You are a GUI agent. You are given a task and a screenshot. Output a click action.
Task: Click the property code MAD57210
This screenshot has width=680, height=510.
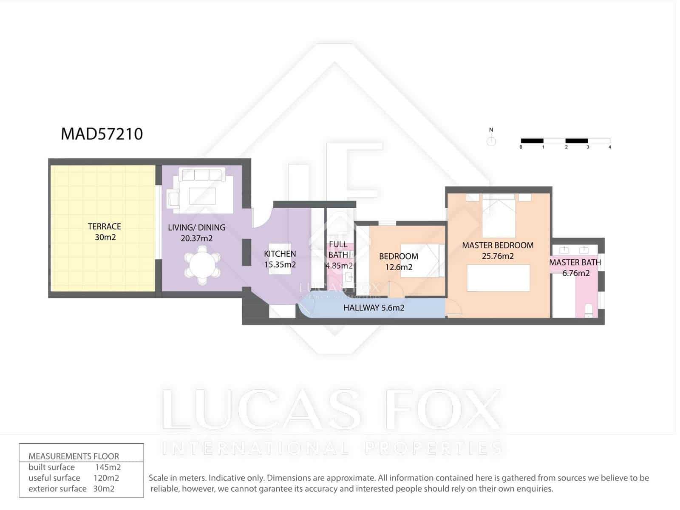(x=102, y=134)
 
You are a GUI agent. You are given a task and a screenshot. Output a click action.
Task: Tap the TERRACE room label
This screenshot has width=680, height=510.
(x=104, y=227)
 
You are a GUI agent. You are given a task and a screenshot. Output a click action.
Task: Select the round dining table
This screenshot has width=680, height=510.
(x=202, y=266)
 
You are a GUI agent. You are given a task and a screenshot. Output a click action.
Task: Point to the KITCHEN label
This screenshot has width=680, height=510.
(x=280, y=254)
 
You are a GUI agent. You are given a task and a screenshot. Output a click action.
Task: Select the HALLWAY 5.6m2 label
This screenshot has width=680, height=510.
(x=374, y=308)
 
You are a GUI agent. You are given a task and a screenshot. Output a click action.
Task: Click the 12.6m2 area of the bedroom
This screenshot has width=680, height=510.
(x=399, y=267)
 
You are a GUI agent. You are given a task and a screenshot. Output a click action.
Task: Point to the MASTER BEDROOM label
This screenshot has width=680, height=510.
(x=497, y=245)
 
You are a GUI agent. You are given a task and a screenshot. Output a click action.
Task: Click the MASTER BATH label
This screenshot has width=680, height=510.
(x=575, y=262)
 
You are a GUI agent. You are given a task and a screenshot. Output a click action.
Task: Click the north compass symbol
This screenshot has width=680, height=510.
(x=491, y=141)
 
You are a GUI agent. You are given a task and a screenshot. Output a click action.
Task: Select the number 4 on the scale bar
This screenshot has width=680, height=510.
(x=609, y=147)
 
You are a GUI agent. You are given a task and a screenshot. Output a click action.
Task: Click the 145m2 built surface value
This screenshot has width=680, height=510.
(x=108, y=467)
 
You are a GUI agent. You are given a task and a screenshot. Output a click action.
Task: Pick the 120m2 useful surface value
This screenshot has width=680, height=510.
(x=106, y=478)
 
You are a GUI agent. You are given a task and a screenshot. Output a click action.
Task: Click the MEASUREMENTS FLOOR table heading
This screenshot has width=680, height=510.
(x=74, y=456)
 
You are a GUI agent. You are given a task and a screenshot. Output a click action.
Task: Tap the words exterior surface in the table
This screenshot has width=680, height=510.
(x=57, y=489)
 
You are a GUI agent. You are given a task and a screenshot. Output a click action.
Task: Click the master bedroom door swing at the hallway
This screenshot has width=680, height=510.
(x=454, y=309)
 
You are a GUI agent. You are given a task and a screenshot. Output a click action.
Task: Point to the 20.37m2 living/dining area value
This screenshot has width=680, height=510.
(x=196, y=238)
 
